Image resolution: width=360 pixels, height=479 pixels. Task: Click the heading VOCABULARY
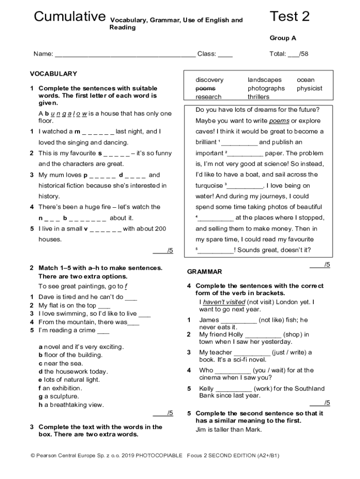pyautogui.click(x=53, y=74)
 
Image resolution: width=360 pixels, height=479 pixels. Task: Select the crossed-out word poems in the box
pyautogui.click(x=205, y=88)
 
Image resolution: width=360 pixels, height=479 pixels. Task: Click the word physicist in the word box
pyautogui.click(x=309, y=88)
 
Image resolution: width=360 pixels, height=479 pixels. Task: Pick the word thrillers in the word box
pyautogui.click(x=258, y=97)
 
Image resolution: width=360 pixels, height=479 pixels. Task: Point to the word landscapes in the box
pyautogui.click(x=265, y=80)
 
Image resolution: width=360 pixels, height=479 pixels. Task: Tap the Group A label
pyautogui.click(x=282, y=38)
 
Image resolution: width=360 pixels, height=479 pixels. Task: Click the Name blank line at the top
pyautogui.click(x=125, y=54)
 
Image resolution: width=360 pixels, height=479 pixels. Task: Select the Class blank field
pyautogui.click(x=225, y=54)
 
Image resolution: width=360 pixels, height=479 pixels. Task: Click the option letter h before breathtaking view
pyautogui.click(x=41, y=405)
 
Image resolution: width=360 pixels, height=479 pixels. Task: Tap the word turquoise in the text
pyautogui.click(x=209, y=186)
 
